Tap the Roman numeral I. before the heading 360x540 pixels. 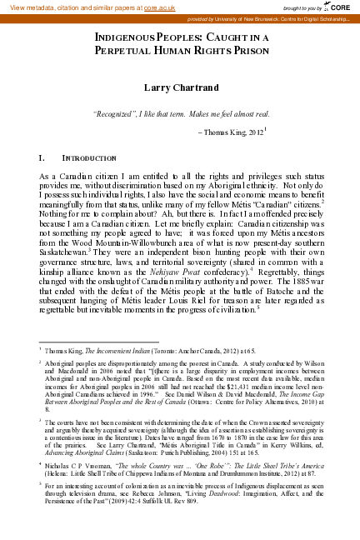[42, 157]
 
